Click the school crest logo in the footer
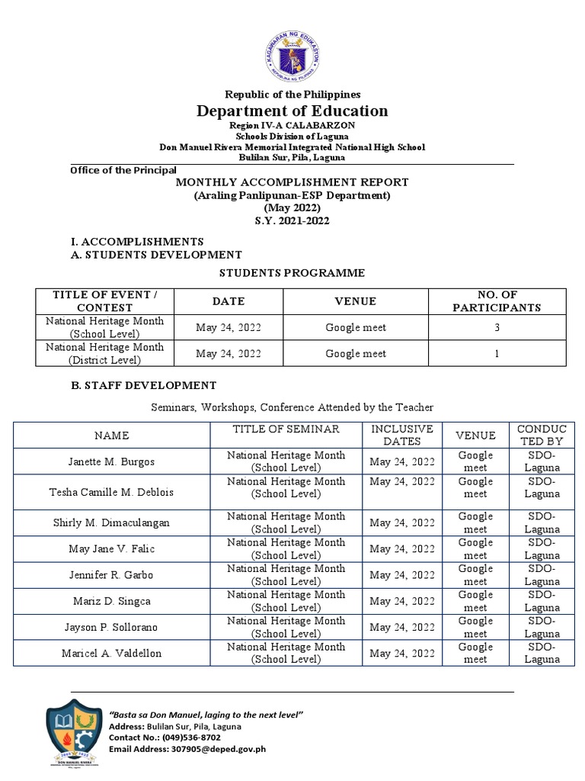(74, 734)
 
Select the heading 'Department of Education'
(292, 111)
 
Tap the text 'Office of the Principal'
(123, 170)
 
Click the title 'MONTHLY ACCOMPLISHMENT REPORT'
(292, 182)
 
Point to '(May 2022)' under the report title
(292, 208)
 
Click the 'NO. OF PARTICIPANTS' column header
(497, 301)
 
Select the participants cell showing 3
(497, 328)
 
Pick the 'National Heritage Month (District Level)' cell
(105, 353)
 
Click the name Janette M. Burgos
(112, 461)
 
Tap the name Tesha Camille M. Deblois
(112, 492)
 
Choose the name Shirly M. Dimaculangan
(112, 522)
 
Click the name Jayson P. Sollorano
(112, 627)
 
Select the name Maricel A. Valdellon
(112, 653)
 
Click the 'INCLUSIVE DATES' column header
(401, 435)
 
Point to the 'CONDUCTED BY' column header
(542, 435)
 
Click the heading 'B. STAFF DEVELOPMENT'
(143, 385)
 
